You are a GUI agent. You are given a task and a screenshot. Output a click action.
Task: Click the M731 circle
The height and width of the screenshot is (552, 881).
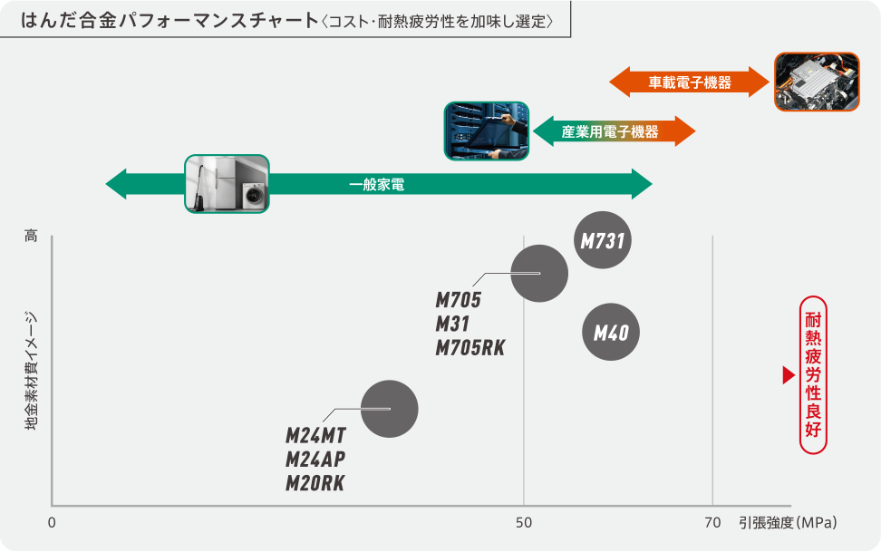coord(604,241)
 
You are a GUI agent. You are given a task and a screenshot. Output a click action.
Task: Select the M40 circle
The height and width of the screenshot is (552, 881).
coord(611,333)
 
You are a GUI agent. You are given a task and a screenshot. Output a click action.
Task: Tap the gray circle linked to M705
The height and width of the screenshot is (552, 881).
coord(539,273)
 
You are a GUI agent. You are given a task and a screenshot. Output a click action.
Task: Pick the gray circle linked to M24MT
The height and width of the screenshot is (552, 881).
coord(389,409)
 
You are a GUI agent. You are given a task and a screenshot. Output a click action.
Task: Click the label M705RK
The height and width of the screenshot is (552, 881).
coord(470,347)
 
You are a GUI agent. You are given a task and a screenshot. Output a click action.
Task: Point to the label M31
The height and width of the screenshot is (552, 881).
coord(452,324)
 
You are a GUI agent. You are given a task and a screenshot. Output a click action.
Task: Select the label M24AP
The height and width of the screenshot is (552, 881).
coord(315,459)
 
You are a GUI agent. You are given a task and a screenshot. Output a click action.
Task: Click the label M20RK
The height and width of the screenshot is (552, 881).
coord(315,483)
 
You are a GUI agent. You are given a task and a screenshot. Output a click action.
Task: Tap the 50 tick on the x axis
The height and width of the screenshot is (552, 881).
coord(523,523)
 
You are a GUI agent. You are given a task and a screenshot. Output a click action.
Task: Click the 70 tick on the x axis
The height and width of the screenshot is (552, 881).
coord(712,523)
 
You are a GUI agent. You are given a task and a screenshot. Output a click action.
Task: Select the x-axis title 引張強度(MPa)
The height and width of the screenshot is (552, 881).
coord(787,523)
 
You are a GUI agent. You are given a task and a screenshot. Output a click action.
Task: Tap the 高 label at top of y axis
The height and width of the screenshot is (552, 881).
coord(32,237)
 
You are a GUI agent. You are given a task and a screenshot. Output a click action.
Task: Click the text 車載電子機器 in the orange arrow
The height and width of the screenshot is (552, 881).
coord(690,82)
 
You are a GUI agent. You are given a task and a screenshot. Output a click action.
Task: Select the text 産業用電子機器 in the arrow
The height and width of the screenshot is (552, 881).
coord(610,131)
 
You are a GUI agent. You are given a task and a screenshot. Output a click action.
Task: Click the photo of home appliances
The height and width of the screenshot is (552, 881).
coord(227,184)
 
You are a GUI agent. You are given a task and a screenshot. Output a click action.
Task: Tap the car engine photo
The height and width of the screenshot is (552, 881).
coord(817,82)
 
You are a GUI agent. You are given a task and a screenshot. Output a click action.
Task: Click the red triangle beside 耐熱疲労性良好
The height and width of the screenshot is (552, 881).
coord(788,375)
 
